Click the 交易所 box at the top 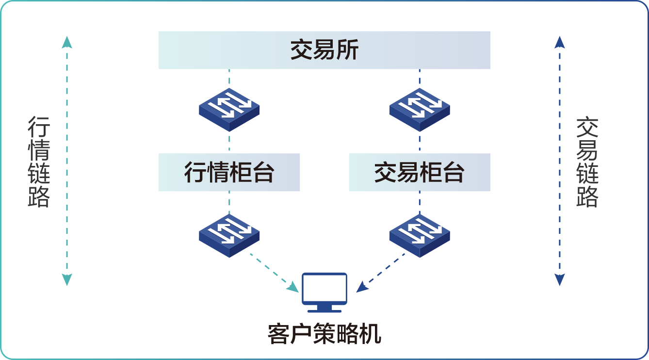coord(324,50)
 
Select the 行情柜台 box coord(229,172)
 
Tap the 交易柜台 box coord(420,172)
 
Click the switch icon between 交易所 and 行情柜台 coord(229,109)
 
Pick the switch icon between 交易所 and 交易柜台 coord(419,109)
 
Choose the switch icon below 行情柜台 coord(229,235)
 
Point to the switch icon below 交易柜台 coord(419,235)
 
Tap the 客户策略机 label coord(324,334)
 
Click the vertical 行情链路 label coord(39,162)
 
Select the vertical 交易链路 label coord(587,162)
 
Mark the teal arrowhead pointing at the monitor coord(294,288)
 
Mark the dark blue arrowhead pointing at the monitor coord(361,288)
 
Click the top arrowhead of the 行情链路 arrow coord(67,42)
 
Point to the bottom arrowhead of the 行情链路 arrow coord(67,279)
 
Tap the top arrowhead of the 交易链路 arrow coord(560,42)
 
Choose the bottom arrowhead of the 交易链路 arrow coord(560,279)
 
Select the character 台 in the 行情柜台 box coord(263,172)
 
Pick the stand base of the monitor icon coord(324,310)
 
